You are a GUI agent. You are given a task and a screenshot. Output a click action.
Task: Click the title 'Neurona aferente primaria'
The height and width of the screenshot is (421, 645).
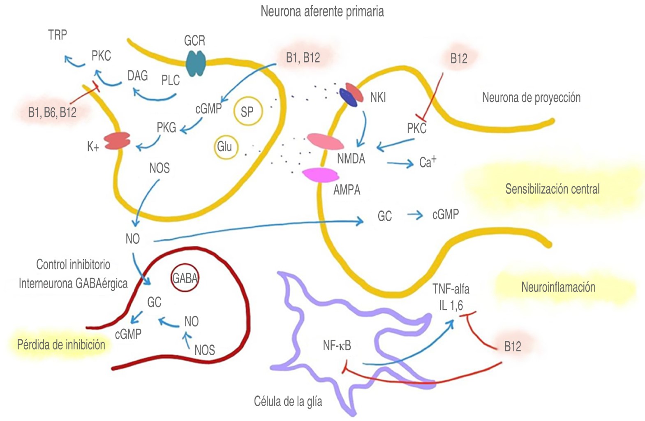322,12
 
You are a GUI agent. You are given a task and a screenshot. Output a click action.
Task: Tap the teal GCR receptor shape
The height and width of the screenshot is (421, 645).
196,63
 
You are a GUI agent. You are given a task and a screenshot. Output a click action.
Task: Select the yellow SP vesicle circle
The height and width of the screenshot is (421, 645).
247,111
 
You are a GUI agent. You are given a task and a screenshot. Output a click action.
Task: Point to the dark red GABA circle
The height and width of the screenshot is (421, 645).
185,278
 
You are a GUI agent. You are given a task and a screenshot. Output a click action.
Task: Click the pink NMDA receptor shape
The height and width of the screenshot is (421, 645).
326,142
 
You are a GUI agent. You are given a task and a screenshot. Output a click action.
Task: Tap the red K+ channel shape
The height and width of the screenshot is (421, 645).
118,141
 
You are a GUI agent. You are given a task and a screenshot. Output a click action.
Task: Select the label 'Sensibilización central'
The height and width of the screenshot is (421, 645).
552,189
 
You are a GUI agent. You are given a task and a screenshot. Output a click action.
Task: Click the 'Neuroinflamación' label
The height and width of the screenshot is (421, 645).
558,287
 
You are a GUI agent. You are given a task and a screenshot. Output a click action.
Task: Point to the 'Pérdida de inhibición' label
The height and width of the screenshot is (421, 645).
61,345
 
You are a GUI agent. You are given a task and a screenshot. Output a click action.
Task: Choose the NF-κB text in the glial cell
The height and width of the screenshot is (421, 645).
337,346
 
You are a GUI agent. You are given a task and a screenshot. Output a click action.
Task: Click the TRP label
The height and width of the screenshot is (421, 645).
58,35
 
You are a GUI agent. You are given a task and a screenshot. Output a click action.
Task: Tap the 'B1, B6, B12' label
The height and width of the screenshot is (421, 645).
52,113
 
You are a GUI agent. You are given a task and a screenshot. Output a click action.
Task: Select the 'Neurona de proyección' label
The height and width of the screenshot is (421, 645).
531,98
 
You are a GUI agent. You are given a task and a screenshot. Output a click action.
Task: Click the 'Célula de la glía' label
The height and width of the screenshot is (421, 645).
288,401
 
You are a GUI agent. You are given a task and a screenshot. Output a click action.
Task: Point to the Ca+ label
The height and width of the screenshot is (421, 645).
428,162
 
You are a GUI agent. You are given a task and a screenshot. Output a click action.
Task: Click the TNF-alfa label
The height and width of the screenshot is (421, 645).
451,289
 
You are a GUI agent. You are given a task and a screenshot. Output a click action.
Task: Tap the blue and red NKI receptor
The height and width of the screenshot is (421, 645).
352,95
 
